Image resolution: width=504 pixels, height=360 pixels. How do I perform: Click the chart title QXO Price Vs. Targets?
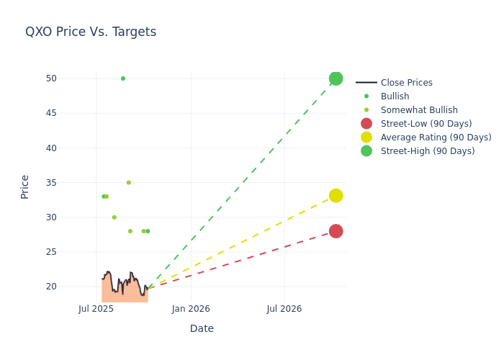(91, 32)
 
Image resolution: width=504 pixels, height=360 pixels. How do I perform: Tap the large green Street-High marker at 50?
(336, 78)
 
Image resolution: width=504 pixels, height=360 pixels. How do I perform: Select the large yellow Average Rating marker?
(336, 196)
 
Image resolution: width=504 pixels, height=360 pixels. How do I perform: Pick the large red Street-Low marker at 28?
(336, 231)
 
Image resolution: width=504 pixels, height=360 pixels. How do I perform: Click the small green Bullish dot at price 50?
(123, 78)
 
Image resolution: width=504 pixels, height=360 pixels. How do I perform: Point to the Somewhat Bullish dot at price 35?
(129, 183)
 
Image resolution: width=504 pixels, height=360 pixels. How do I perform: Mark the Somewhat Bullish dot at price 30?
(114, 217)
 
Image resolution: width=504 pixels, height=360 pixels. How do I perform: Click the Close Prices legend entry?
(406, 83)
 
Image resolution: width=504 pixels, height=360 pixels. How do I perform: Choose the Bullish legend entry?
(395, 96)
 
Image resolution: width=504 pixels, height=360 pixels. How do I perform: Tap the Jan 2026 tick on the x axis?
(191, 310)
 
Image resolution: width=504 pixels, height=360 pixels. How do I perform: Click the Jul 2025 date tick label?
(96, 310)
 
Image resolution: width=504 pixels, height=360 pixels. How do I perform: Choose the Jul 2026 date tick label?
(284, 310)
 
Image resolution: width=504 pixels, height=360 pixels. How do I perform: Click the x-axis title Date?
(202, 328)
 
